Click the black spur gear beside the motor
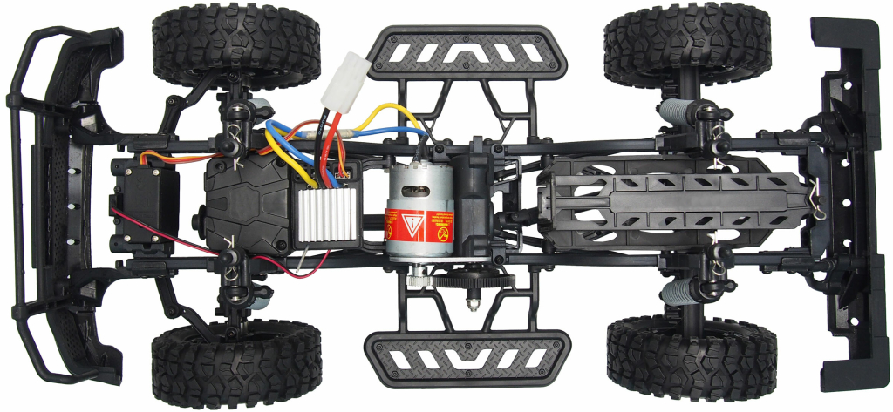point(472,280)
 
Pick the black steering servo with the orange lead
point(146,203)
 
